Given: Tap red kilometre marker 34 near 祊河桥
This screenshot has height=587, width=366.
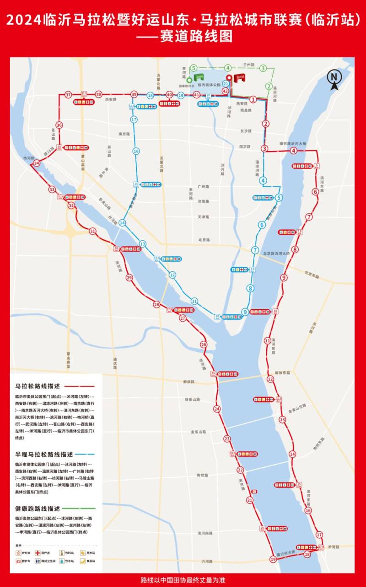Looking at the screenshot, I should (x=36, y=163).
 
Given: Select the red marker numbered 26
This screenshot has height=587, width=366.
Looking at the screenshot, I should (x=203, y=344).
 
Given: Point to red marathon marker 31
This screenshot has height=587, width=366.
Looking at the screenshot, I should (x=93, y=231).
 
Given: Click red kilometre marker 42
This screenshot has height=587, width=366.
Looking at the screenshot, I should (x=225, y=91).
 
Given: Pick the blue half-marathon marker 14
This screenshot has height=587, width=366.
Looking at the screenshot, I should (x=122, y=222).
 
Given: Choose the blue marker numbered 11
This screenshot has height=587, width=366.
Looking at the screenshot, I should (x=194, y=301).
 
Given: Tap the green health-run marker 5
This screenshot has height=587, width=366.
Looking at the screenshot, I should (x=194, y=68).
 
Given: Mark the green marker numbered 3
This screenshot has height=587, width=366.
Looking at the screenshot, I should (x=263, y=68).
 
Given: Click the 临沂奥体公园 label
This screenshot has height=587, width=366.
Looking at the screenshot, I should (x=210, y=85).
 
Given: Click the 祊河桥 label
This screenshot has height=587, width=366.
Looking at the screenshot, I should (x=28, y=158).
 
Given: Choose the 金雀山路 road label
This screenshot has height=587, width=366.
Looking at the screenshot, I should (x=199, y=432).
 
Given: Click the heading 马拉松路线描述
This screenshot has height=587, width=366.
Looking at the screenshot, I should (x=38, y=386).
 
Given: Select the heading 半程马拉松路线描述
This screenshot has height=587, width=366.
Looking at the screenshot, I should (x=44, y=455).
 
